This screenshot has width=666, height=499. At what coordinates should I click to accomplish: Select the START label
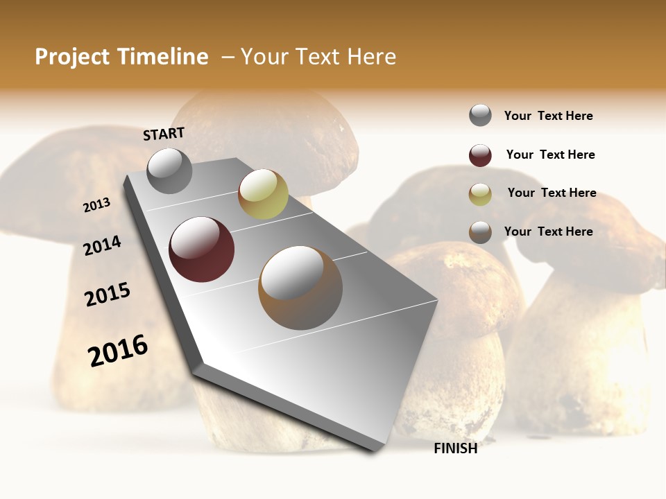pos(164,134)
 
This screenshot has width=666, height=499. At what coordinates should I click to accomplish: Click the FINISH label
pos(455,448)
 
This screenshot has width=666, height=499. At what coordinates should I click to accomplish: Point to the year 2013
pos(96,205)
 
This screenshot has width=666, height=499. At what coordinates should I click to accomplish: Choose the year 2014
pos(102,245)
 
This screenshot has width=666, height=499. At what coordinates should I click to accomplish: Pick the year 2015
pos(108,295)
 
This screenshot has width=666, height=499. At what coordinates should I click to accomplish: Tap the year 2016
pos(118,350)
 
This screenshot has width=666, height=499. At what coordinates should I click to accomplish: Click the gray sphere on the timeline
pos(170,171)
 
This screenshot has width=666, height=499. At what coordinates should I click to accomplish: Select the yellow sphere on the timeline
pos(263,194)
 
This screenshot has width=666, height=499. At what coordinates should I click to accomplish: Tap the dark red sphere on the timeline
pos(202,249)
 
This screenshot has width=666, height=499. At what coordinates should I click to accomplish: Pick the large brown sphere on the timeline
pos(300,288)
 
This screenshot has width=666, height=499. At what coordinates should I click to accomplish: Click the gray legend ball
pos(480,116)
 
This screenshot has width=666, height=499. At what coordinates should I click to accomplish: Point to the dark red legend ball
pos(480,155)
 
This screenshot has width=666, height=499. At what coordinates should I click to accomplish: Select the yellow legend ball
pos(480,194)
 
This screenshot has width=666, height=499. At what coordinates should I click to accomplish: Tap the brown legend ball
pos(480,232)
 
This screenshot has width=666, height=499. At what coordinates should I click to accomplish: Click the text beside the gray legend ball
pos(548,116)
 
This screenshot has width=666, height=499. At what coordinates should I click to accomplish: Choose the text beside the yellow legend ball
pos(552,193)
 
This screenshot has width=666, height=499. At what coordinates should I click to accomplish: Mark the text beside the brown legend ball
pos(548,231)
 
